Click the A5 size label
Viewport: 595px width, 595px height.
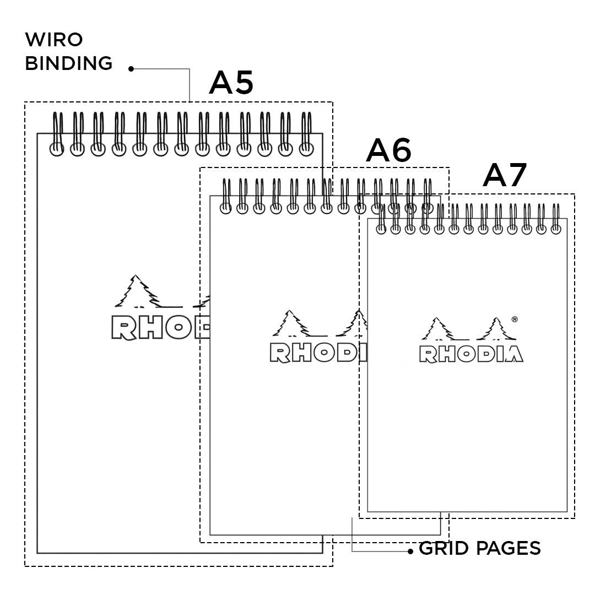(x=231, y=83)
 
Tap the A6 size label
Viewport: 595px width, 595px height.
(x=388, y=150)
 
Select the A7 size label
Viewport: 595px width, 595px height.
(x=505, y=176)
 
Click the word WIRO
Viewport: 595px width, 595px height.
(x=54, y=40)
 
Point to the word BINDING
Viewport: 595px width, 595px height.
(x=69, y=63)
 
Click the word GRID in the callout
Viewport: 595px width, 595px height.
(x=443, y=549)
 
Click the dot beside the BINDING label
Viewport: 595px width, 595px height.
(x=131, y=69)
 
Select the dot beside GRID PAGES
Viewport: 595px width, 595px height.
(x=410, y=551)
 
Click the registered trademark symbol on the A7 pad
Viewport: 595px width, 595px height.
(x=514, y=318)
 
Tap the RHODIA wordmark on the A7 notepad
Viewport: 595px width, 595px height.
(x=471, y=354)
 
